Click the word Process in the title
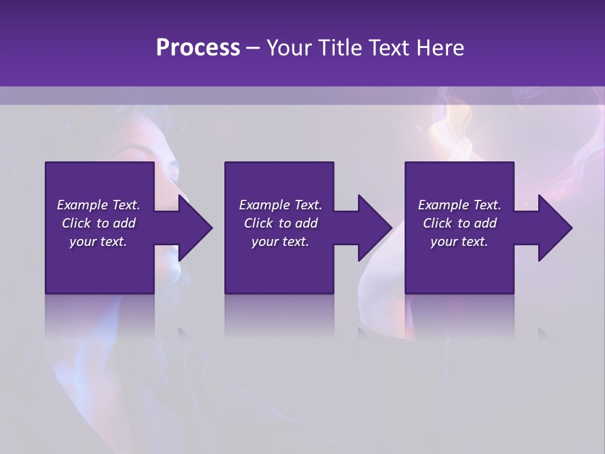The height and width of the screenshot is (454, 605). tap(198, 48)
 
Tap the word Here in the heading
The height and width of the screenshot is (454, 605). tap(440, 48)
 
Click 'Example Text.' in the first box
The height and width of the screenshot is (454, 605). tap(98, 205)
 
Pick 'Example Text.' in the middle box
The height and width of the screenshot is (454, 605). tap(280, 205)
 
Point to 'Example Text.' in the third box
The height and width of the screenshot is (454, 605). tap(459, 205)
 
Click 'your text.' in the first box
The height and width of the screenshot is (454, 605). tap(98, 242)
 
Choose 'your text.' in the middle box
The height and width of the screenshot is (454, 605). tap(280, 242)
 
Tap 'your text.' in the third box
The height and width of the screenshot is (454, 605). tap(459, 242)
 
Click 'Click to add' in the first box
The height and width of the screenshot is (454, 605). tap(98, 223)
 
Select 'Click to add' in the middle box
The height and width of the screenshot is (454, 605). tap(280, 223)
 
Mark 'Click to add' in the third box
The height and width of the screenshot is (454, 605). tap(459, 223)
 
